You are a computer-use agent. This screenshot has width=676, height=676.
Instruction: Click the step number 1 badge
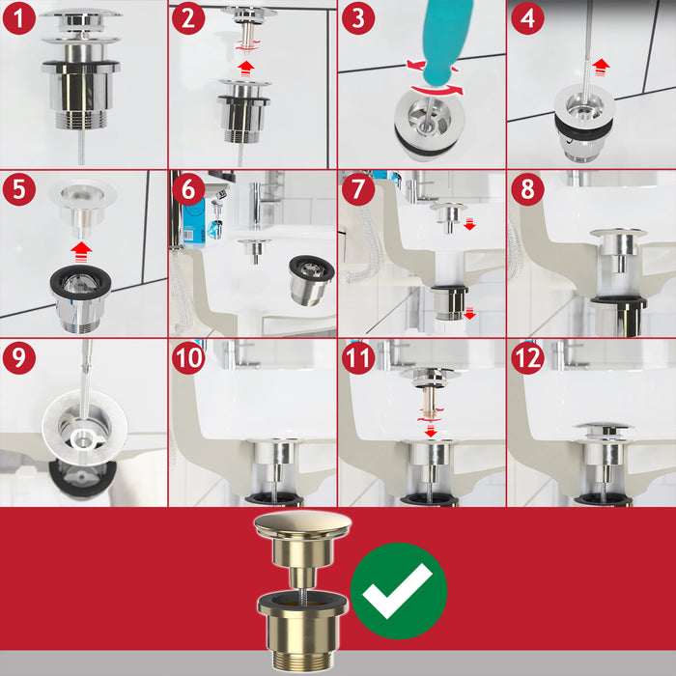point(18,18)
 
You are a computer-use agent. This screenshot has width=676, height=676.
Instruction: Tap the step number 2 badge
point(187,18)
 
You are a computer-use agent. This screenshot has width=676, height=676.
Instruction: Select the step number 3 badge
point(357,18)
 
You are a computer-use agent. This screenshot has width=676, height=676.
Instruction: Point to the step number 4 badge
point(527,18)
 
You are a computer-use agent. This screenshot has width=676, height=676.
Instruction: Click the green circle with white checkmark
point(399,590)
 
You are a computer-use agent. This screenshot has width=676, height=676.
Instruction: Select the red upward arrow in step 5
point(80,249)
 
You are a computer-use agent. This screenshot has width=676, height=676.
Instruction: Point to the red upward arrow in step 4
point(602,66)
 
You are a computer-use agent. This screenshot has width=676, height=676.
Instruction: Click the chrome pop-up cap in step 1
point(81,16)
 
